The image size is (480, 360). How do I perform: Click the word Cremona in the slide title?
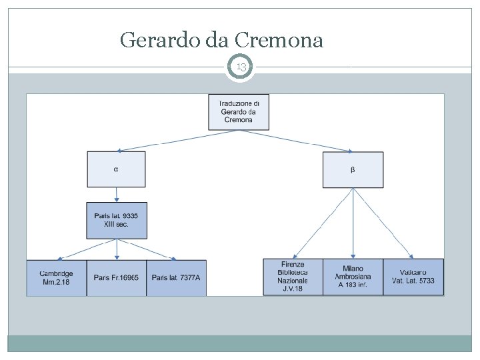[x=281, y=41]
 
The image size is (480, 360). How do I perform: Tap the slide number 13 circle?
[x=241, y=67]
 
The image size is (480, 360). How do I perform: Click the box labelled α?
[x=116, y=169]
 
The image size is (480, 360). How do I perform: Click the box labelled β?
[x=353, y=169]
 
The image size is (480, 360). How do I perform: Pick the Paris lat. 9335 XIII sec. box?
[x=117, y=221]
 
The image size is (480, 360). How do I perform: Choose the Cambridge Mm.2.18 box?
[x=57, y=277]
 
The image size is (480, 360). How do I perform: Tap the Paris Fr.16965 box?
[x=117, y=277]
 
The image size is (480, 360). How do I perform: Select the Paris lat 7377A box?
[x=176, y=277]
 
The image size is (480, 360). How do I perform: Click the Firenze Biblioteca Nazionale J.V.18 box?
[x=293, y=277]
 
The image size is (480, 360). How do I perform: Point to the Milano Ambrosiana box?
[x=353, y=277]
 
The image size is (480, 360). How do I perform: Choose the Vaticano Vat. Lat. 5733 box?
[x=413, y=277]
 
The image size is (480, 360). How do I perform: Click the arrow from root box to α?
[x=173, y=141]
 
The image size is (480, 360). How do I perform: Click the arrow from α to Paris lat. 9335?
[x=117, y=195]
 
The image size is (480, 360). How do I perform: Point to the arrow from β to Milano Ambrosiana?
[x=353, y=223]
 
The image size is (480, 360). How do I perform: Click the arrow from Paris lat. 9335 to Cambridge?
[x=87, y=249]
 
